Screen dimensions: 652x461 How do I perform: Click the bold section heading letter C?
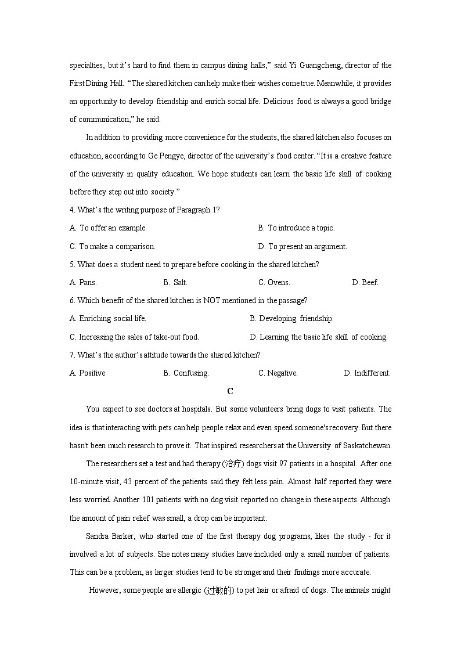coord(230,391)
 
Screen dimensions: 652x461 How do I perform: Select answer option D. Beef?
coord(365,283)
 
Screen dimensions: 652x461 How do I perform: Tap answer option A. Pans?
coord(83,283)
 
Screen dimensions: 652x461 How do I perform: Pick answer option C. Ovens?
coord(274,283)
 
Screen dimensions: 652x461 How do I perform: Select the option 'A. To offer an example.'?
coord(108,228)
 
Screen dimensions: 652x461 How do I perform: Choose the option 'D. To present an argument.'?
coord(302,247)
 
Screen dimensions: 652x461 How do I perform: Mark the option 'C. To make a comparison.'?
coord(113,247)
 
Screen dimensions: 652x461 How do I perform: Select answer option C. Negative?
coord(278,373)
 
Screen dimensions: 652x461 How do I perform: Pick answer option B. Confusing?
coord(186,373)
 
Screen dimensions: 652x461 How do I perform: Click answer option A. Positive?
coord(88,373)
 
